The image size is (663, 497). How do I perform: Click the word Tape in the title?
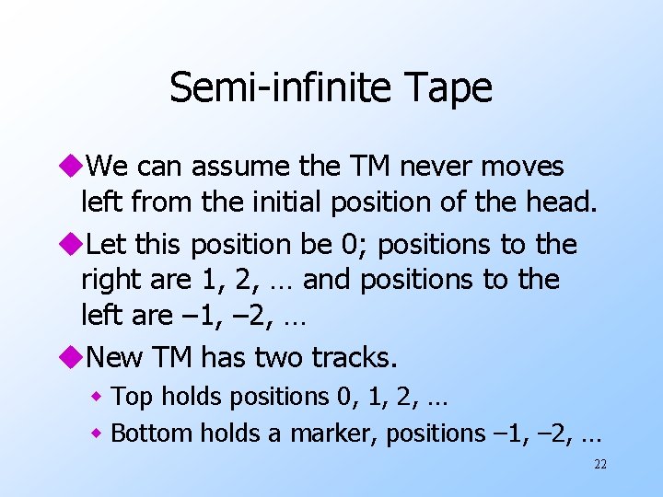coord(449,88)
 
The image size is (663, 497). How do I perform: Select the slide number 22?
coord(599,464)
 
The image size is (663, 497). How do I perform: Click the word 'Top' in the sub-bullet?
coord(131,398)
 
